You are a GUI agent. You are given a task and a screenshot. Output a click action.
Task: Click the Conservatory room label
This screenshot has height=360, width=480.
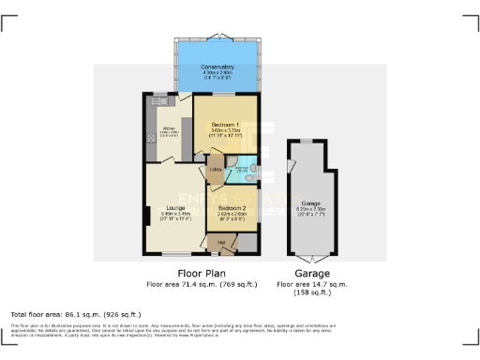tap(217, 67)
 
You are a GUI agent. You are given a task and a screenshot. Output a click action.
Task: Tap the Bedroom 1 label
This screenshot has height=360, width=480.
tap(224, 125)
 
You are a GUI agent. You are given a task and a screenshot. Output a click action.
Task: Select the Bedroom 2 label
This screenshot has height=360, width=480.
tap(232, 208)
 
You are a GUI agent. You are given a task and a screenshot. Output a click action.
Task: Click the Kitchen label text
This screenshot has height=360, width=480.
tap(170, 128)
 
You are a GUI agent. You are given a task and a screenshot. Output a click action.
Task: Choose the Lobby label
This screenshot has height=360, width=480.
tap(215, 170)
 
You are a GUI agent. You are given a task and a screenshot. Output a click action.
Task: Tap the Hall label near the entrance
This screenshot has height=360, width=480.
tap(222, 243)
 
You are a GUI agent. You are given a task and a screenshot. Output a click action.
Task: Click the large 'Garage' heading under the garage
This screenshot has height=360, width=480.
tap(313, 274)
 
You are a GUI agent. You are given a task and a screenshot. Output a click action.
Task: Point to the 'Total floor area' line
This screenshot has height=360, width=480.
tap(75, 313)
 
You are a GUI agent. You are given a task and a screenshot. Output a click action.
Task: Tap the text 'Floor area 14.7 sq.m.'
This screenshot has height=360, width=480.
tap(312, 284)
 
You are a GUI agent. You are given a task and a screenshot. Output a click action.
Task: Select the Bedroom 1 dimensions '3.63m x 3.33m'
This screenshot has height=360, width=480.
tap(224, 130)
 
